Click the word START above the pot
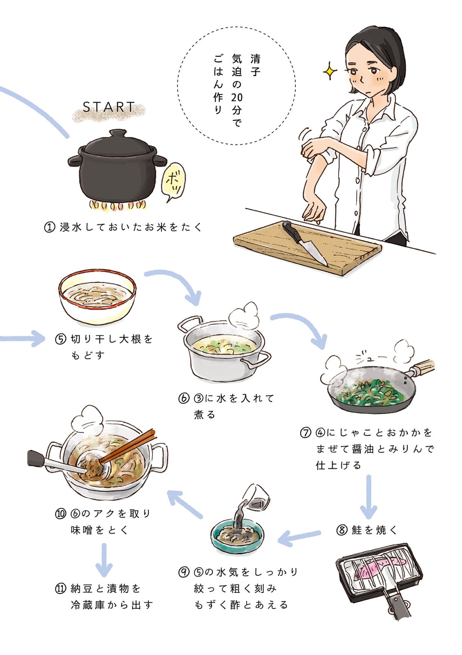click(x=108, y=107)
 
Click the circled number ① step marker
click(x=50, y=227)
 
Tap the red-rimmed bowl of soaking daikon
click(x=97, y=297)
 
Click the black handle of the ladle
click(x=37, y=458)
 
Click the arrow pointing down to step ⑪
click(x=104, y=560)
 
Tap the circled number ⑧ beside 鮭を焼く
click(x=342, y=530)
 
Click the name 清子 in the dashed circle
click(x=255, y=65)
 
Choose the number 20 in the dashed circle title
click(x=237, y=98)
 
